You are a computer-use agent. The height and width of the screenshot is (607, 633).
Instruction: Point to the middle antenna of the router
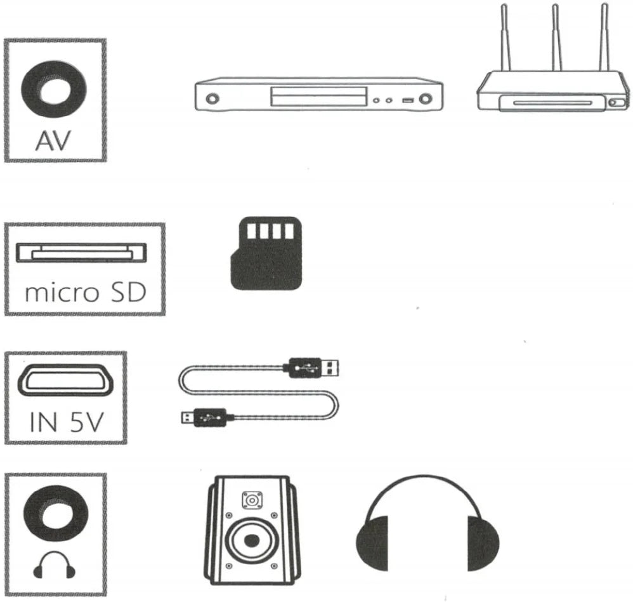tap(556, 38)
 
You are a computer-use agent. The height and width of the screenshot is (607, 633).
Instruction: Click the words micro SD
tap(85, 293)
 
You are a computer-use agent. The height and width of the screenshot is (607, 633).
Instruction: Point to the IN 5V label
tap(65, 422)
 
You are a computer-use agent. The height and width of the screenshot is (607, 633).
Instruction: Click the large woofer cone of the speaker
tap(252, 540)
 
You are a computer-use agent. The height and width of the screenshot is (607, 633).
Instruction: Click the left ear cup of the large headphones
tap(374, 545)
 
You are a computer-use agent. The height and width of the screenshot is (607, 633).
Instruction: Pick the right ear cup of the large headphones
tap(482, 545)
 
